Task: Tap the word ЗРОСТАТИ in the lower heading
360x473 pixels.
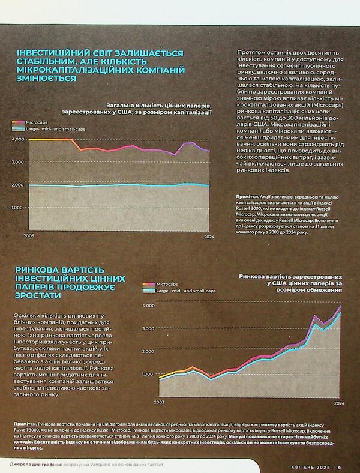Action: [x=41, y=297]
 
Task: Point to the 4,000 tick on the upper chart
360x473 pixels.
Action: [x=17, y=139]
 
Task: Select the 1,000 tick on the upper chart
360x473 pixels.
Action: [x=17, y=208]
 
